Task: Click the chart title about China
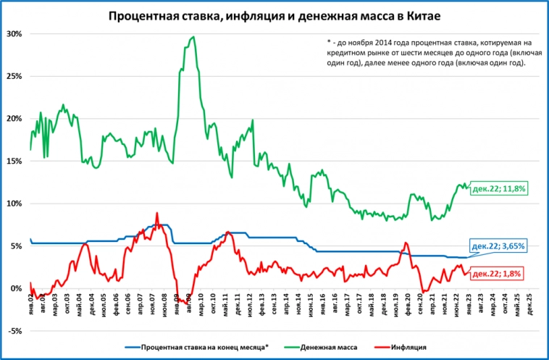coord(274,15)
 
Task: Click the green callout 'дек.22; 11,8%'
coord(498,188)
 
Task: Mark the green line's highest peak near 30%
coord(193,37)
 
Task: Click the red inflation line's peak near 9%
coord(157,214)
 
